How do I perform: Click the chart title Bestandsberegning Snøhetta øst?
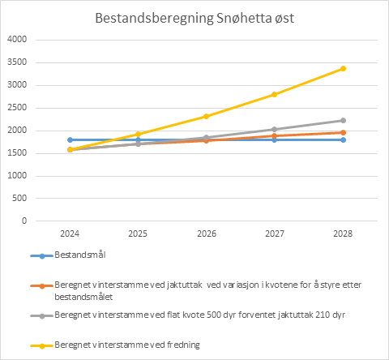[194, 19]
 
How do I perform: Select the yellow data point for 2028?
[343, 69]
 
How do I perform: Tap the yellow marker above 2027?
[274, 94]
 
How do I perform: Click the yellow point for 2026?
[206, 117]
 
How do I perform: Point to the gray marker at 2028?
[343, 120]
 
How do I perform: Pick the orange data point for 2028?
[343, 132]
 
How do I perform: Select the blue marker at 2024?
[70, 139]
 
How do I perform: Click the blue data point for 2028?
[343, 139]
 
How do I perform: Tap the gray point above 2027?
[274, 130]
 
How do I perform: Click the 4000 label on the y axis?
[17, 40]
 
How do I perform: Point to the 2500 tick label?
[17, 108]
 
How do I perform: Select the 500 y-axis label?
[19, 198]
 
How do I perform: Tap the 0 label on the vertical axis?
[24, 221]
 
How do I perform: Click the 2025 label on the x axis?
[138, 234]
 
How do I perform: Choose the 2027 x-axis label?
[275, 234]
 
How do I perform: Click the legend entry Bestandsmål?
[80, 255]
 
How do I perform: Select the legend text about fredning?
[127, 345]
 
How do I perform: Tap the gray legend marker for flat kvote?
[42, 316]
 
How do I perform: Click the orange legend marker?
[42, 286]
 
